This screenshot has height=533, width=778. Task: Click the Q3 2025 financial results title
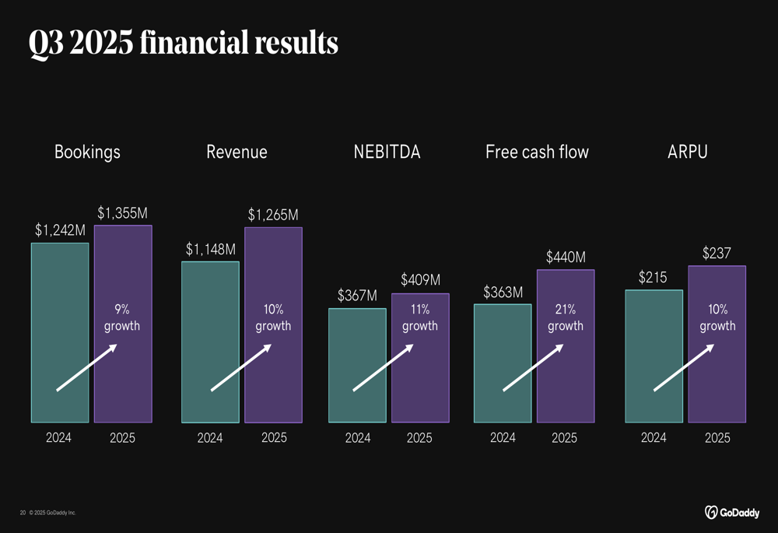[x=184, y=43]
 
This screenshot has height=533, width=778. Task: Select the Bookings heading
[x=87, y=152]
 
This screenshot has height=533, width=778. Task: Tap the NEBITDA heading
[x=387, y=152]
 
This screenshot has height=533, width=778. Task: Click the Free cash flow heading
[x=537, y=152]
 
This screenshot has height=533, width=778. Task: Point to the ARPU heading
[x=688, y=152]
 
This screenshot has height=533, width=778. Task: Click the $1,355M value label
[x=122, y=212]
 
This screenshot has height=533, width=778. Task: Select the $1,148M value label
[x=210, y=249]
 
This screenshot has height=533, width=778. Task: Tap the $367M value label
[x=357, y=296]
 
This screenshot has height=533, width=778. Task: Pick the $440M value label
[x=566, y=257]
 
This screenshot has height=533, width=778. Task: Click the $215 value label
[x=653, y=277]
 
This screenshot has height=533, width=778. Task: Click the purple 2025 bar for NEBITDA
[x=420, y=366]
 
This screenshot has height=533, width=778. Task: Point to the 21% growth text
[x=566, y=317]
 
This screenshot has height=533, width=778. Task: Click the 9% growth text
[x=122, y=317]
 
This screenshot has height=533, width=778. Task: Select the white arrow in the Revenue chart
[x=240, y=368]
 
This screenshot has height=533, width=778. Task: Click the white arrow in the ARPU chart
[x=683, y=368]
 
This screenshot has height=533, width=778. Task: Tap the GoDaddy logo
[x=732, y=512]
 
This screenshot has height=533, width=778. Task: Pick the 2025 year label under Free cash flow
[x=564, y=438]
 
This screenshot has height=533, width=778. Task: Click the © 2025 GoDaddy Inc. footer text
[x=53, y=513]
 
